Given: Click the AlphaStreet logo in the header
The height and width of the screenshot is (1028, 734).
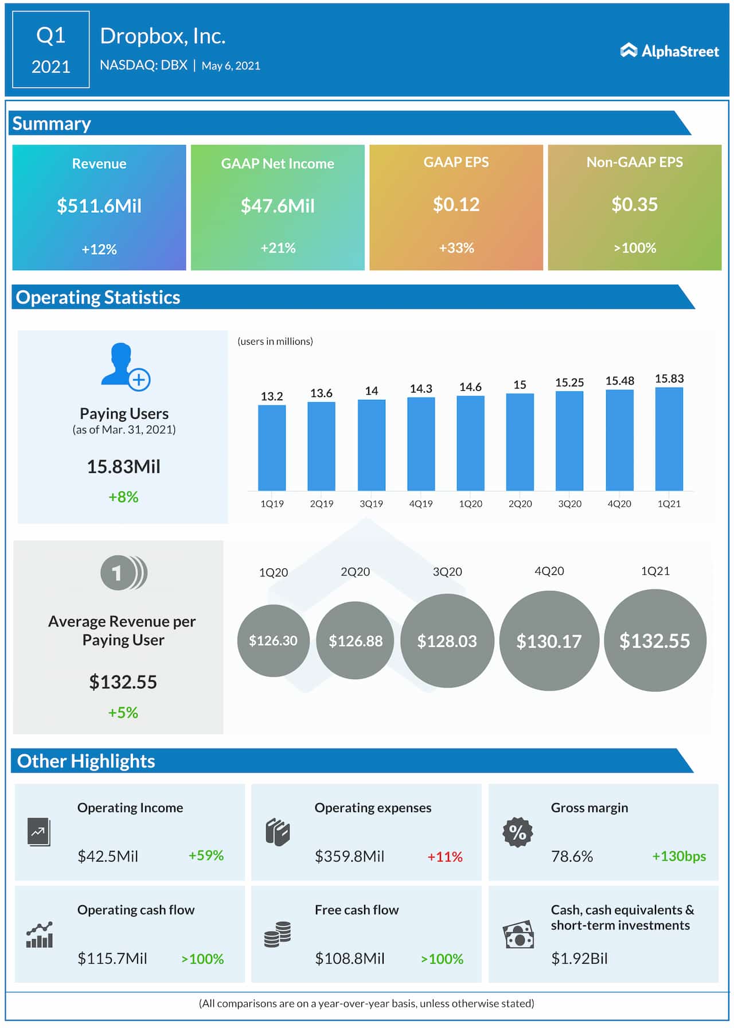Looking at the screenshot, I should [x=669, y=51].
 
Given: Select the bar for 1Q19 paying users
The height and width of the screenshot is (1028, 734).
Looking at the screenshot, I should [x=272, y=447].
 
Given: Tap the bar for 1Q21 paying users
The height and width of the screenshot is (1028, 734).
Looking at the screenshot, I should [x=669, y=439].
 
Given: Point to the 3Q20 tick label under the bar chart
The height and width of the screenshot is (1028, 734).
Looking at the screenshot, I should [x=569, y=504].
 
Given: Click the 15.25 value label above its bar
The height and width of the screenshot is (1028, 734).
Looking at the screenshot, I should [x=569, y=382].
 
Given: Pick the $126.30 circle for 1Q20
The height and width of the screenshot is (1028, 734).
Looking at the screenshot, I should [x=273, y=640].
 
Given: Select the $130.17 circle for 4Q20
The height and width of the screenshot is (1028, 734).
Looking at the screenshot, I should [x=549, y=641].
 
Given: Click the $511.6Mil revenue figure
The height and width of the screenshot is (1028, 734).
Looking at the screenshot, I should [x=99, y=206].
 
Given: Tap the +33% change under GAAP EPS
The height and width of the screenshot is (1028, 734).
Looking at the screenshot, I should [x=456, y=248].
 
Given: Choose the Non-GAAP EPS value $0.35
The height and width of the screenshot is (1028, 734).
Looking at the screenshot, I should [x=634, y=205].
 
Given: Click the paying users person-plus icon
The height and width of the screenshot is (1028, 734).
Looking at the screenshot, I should [x=125, y=367].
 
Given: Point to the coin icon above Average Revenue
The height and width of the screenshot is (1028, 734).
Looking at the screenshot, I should [x=123, y=573].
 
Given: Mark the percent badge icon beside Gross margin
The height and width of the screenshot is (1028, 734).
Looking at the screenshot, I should [x=517, y=832].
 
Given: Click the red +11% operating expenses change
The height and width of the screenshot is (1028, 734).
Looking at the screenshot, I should [x=444, y=856].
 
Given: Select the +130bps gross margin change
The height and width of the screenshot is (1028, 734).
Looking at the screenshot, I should [x=678, y=856].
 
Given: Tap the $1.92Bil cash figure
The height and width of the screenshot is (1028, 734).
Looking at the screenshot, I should [x=579, y=958].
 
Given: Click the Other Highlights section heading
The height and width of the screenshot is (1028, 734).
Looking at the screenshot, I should [x=86, y=761].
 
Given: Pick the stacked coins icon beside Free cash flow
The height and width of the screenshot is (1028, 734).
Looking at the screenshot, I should [x=278, y=934].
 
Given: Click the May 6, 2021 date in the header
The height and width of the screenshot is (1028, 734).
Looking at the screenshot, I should [x=231, y=66].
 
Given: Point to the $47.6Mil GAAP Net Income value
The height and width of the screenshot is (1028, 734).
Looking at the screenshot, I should [x=278, y=206].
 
